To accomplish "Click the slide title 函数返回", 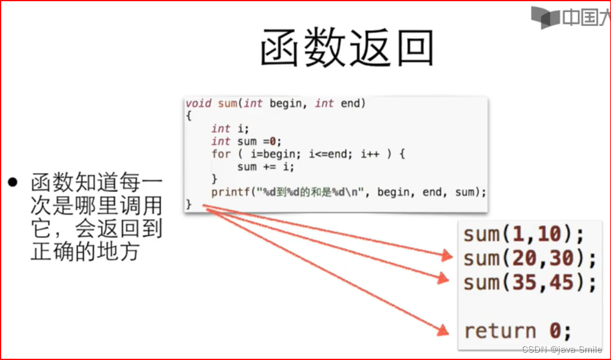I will (x=347, y=48).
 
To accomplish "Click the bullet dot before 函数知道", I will (x=13, y=182).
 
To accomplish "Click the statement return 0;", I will (x=517, y=331).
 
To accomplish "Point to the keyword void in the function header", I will (x=198, y=103).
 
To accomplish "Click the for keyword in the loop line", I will (x=220, y=154).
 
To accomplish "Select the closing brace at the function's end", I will (x=189, y=205).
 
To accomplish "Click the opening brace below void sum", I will (x=189, y=116).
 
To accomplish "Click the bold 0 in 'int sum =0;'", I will (x=272, y=142).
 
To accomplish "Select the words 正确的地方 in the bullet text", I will (x=85, y=251).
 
